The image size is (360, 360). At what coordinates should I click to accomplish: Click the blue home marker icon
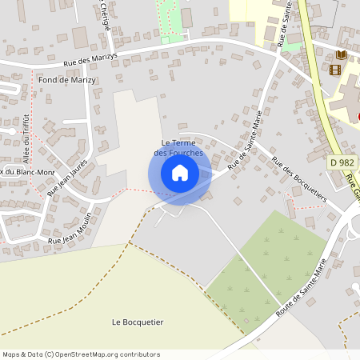click(179, 173)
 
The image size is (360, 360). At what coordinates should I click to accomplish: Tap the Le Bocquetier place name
click(138, 322)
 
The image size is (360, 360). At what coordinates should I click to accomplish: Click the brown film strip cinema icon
click(334, 70)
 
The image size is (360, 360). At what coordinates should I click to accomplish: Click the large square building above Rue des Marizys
click(79, 37)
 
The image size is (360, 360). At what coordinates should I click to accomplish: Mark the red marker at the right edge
click(358, 117)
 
